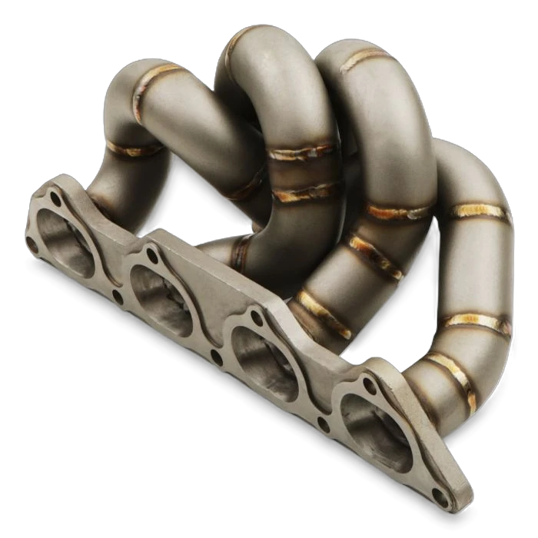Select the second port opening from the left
pyautogui.click(x=162, y=291)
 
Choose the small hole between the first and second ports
pyautogui.click(x=117, y=295)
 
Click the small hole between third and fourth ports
pyautogui.click(x=324, y=422)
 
